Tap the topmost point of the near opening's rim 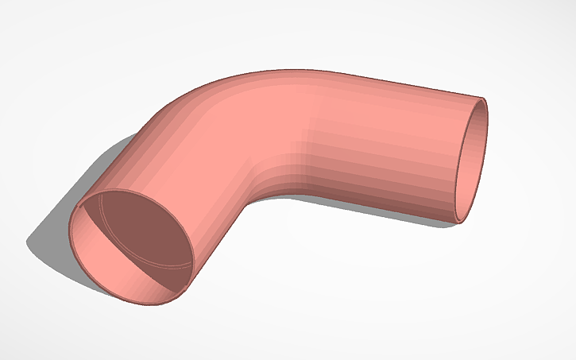tap(119, 191)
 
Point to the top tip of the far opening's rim tap(482, 99)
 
